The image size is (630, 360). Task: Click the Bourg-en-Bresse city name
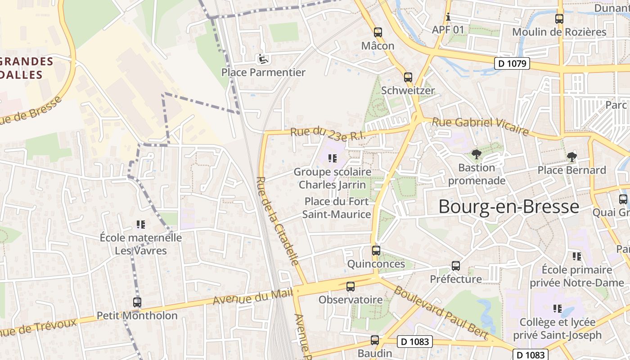[508, 207]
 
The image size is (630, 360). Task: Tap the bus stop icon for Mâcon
[378, 32]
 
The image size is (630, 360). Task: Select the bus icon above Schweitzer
[408, 77]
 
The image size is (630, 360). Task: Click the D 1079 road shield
[513, 63]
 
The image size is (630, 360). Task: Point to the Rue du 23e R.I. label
[325, 134]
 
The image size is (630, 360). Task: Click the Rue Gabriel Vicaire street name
[480, 126]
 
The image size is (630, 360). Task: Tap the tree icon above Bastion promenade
[476, 154]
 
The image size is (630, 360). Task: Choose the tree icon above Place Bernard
[571, 157]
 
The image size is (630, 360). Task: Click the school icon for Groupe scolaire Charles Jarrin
[332, 158]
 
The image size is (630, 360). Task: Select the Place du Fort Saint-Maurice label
[337, 208]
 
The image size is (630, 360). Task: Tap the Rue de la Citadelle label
[277, 220]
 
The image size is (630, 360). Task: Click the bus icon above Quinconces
[376, 251]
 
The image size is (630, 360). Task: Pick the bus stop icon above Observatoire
[350, 286]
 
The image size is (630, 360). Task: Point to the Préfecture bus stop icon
[455, 266]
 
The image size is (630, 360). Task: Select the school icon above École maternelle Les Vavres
[140, 224]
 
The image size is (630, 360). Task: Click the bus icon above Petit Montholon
[137, 302]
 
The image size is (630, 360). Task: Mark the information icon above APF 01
[448, 17]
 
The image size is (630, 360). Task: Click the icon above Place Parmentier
[262, 58]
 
